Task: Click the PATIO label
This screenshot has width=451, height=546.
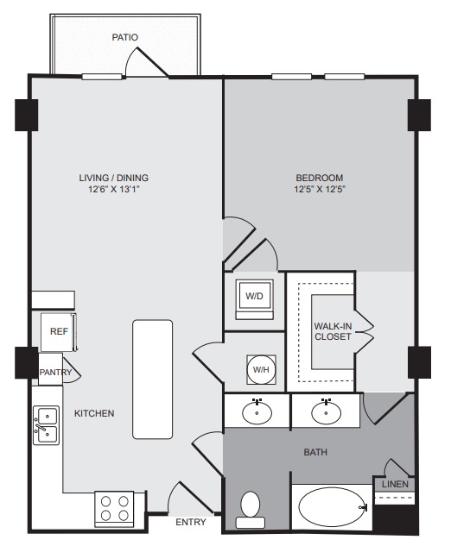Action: (124, 37)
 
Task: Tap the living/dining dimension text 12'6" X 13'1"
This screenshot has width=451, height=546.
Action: (114, 190)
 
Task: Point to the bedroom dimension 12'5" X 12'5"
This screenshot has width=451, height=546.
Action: (320, 190)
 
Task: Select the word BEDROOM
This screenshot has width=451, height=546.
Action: (320, 178)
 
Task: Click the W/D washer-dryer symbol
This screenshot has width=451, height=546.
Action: (254, 299)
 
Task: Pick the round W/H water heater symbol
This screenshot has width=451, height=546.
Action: (261, 369)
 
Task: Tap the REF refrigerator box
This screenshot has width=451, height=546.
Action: (59, 332)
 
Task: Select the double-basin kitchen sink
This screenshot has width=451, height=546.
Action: (47, 425)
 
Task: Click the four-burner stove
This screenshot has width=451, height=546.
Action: (114, 508)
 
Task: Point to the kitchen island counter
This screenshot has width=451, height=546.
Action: (152, 380)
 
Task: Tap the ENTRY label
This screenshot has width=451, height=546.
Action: (191, 522)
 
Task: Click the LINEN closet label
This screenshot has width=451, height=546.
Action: (395, 484)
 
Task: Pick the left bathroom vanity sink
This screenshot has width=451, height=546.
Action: (257, 412)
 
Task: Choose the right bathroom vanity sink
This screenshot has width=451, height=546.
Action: (326, 412)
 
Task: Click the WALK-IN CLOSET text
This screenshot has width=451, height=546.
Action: (333, 331)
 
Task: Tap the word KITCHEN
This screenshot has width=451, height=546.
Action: (94, 413)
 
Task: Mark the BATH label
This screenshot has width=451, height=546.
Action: (315, 452)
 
